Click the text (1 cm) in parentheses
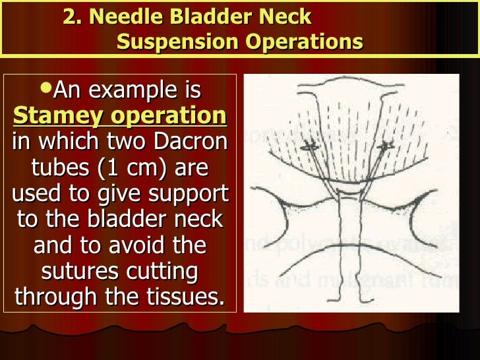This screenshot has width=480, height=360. [x=136, y=168]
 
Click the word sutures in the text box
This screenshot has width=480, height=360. [x=78, y=271]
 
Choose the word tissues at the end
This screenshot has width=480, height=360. [x=187, y=297]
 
